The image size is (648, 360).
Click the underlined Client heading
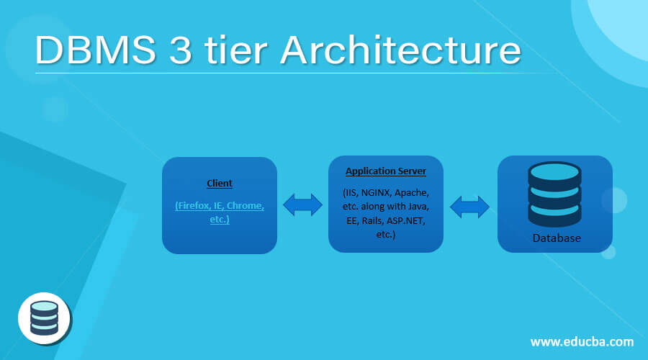[220, 184]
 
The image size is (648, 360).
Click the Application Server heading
[386, 171]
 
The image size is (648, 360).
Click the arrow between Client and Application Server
[302, 205]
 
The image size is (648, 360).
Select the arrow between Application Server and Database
[470, 207]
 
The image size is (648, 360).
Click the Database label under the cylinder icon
[557, 238]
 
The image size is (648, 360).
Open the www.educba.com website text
[582, 341]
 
